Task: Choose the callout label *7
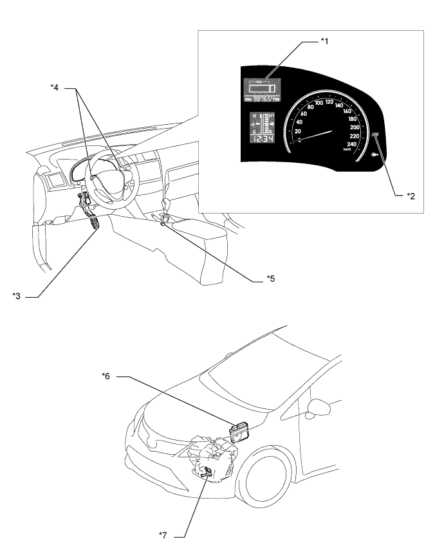[166, 533]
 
